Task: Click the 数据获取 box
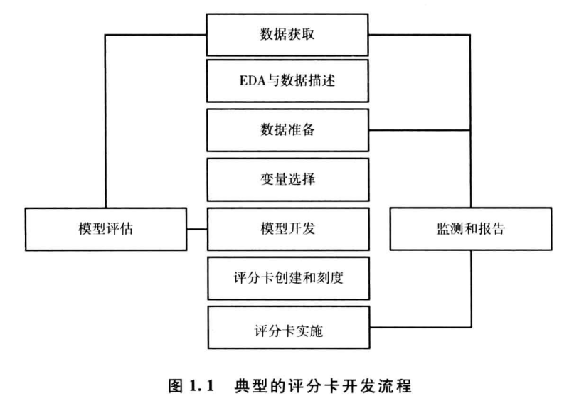click(288, 33)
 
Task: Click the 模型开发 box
click(288, 230)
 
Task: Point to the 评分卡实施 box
click(288, 328)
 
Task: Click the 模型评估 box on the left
click(105, 230)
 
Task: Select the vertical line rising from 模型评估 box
click(105, 121)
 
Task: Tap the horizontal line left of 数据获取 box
click(156, 34)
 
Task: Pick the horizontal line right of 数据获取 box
click(420, 34)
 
